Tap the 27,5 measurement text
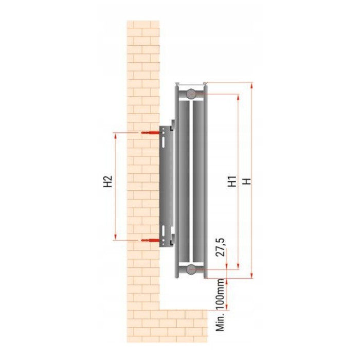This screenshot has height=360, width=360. [x=221, y=247]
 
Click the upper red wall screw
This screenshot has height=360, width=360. [x=148, y=133]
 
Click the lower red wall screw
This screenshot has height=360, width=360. [x=148, y=240]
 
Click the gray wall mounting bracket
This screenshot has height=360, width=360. [x=165, y=185]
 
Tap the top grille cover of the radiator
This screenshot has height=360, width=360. [x=191, y=83]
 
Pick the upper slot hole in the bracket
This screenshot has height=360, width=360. [x=163, y=138]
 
